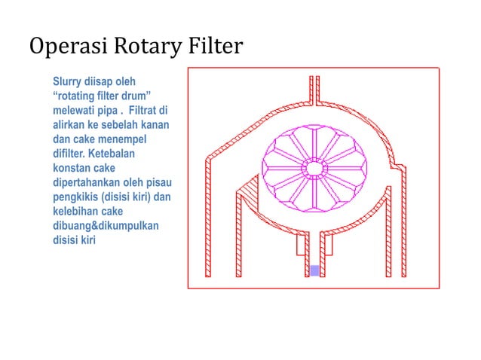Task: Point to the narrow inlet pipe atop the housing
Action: (x=315, y=89)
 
